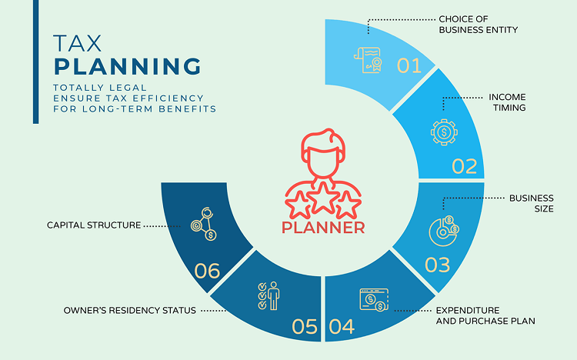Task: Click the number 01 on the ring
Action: coord(409,65)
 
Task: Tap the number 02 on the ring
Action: coord(465,166)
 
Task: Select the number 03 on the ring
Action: coord(437,265)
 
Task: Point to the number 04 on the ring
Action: coord(342,327)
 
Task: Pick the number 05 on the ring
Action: coord(305,327)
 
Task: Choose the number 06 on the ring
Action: coord(208,271)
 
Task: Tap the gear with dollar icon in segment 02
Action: coord(444,132)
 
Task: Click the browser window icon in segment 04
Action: coord(374,298)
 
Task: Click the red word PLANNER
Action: coord(323,228)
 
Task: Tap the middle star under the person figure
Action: coord(322,202)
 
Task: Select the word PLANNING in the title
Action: coord(128,65)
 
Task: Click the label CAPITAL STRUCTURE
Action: coord(94,225)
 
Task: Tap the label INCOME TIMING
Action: coord(507,102)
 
